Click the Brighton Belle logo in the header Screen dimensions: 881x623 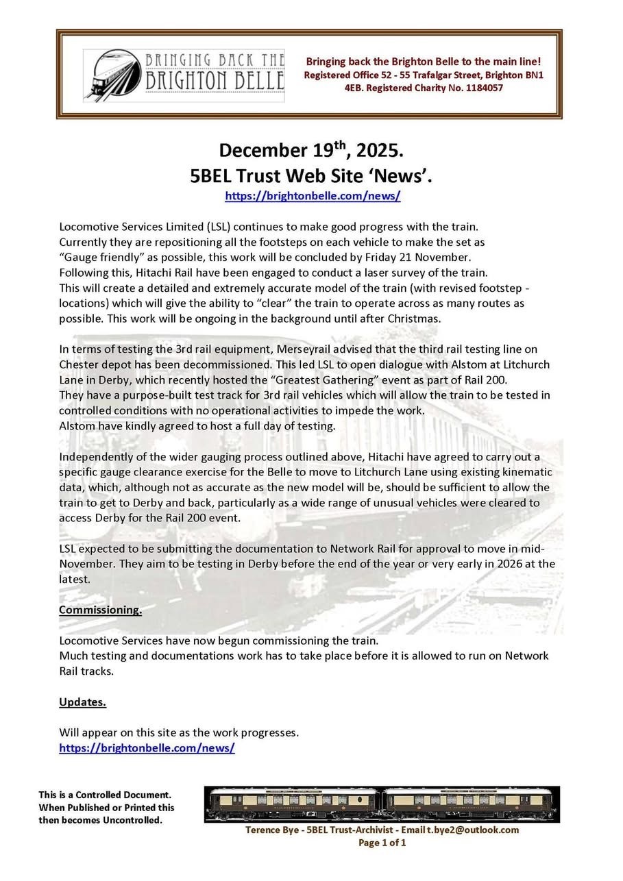[x=184, y=75]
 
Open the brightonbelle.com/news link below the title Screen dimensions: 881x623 [x=313, y=196]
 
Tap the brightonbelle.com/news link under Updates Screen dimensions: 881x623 [x=147, y=748]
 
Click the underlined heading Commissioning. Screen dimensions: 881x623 [x=100, y=610]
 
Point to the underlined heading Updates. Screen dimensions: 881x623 [x=82, y=702]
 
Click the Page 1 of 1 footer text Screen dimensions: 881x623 [x=382, y=843]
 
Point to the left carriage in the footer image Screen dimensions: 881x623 [x=293, y=804]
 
